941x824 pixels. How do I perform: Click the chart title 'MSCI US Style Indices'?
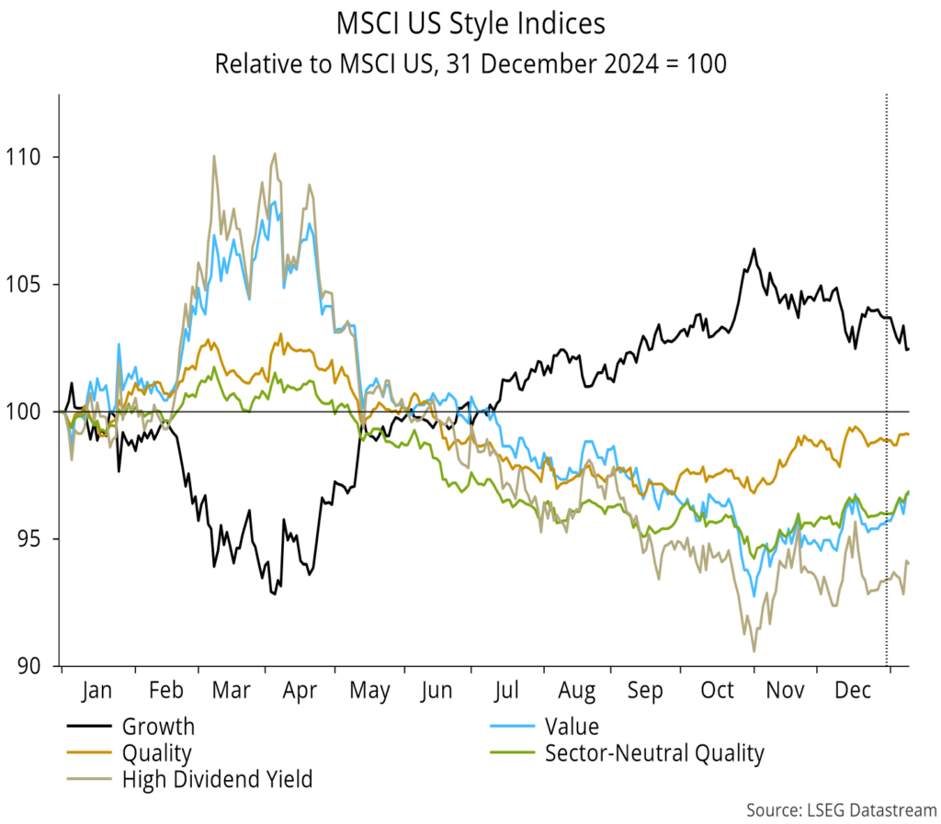tap(470, 23)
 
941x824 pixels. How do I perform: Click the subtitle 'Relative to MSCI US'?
tap(470, 64)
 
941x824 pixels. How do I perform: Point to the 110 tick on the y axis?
tap(30, 157)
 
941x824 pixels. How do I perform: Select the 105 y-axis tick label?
tap(30, 284)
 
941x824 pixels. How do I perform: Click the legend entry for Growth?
tap(158, 727)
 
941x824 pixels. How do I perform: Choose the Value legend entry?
tap(572, 727)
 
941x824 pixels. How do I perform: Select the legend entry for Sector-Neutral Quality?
tap(654, 754)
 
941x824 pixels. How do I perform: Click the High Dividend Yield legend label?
tap(217, 781)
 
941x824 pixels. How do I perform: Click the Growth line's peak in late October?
tap(754, 249)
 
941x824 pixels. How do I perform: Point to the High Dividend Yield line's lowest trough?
tap(754, 651)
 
